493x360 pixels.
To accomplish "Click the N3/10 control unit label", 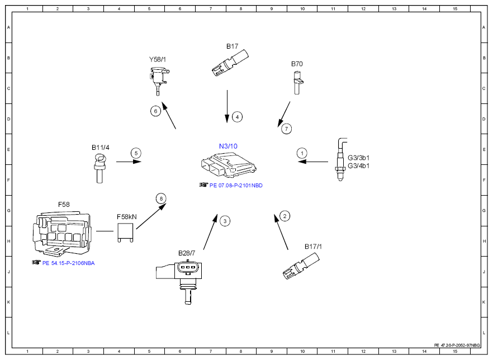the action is (x=228, y=146).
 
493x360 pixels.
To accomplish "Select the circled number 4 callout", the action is (x=237, y=117).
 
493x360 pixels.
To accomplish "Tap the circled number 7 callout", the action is (x=286, y=129).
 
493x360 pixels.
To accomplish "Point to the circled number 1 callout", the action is (x=302, y=153).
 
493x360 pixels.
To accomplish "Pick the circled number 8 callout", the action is (x=161, y=198).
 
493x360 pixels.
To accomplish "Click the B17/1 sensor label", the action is (x=313, y=247).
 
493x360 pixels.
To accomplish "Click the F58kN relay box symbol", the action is (x=125, y=233).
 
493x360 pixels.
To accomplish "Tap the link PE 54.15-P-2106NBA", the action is (x=69, y=263).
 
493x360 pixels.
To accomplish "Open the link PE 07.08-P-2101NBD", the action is (x=236, y=186).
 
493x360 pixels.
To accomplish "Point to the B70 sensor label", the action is (x=297, y=64).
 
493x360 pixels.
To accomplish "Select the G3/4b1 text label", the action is (x=358, y=166).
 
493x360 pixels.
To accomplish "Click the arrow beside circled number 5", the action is (x=129, y=162).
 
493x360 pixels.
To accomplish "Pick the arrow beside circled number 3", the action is (x=210, y=232).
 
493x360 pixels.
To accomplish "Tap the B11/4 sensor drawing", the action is (x=99, y=168).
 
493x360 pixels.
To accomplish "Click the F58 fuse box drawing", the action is (x=61, y=234).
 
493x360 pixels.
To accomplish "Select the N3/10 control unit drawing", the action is (x=229, y=165).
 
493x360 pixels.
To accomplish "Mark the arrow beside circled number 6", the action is (x=169, y=115).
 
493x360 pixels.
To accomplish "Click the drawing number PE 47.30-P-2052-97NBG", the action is (x=457, y=345).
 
